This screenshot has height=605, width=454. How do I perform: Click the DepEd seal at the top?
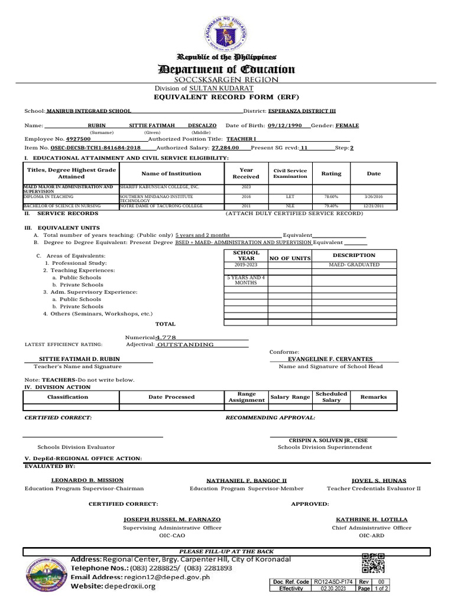click(x=227, y=33)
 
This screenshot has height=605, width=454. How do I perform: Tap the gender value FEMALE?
click(x=347, y=126)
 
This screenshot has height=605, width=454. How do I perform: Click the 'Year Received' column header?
click(x=246, y=173)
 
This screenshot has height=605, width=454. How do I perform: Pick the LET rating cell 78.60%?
click(x=331, y=196)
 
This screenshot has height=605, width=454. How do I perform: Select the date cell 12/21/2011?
click(x=374, y=206)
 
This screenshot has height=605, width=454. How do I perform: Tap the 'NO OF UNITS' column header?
click(x=290, y=258)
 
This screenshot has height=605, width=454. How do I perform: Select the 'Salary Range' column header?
click(x=290, y=397)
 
